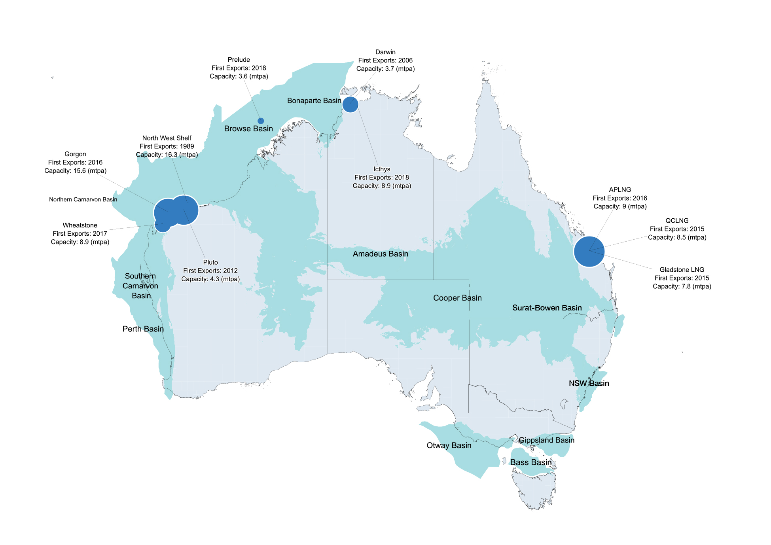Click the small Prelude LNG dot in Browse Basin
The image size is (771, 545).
(261, 121)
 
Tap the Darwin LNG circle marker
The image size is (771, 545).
(350, 104)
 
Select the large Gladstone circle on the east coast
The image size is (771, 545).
(589, 252)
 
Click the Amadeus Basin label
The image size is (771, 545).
(380, 254)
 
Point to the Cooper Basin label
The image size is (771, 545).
(457, 298)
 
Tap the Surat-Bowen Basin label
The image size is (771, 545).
(547, 308)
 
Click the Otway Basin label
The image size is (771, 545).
(449, 445)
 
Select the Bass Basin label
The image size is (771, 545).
(530, 462)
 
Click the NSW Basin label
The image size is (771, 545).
(589, 383)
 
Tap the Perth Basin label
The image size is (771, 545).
(143, 329)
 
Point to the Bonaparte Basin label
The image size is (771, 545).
(314, 101)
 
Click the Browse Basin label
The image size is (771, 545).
(248, 129)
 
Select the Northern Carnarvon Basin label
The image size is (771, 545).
(83, 199)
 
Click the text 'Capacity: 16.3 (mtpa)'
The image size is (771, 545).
(167, 155)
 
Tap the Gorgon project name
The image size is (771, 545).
(75, 154)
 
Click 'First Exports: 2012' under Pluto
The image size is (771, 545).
(210, 271)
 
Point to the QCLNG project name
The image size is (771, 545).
(677, 221)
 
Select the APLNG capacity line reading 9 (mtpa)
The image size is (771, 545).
(620, 206)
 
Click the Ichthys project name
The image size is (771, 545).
(382, 169)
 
